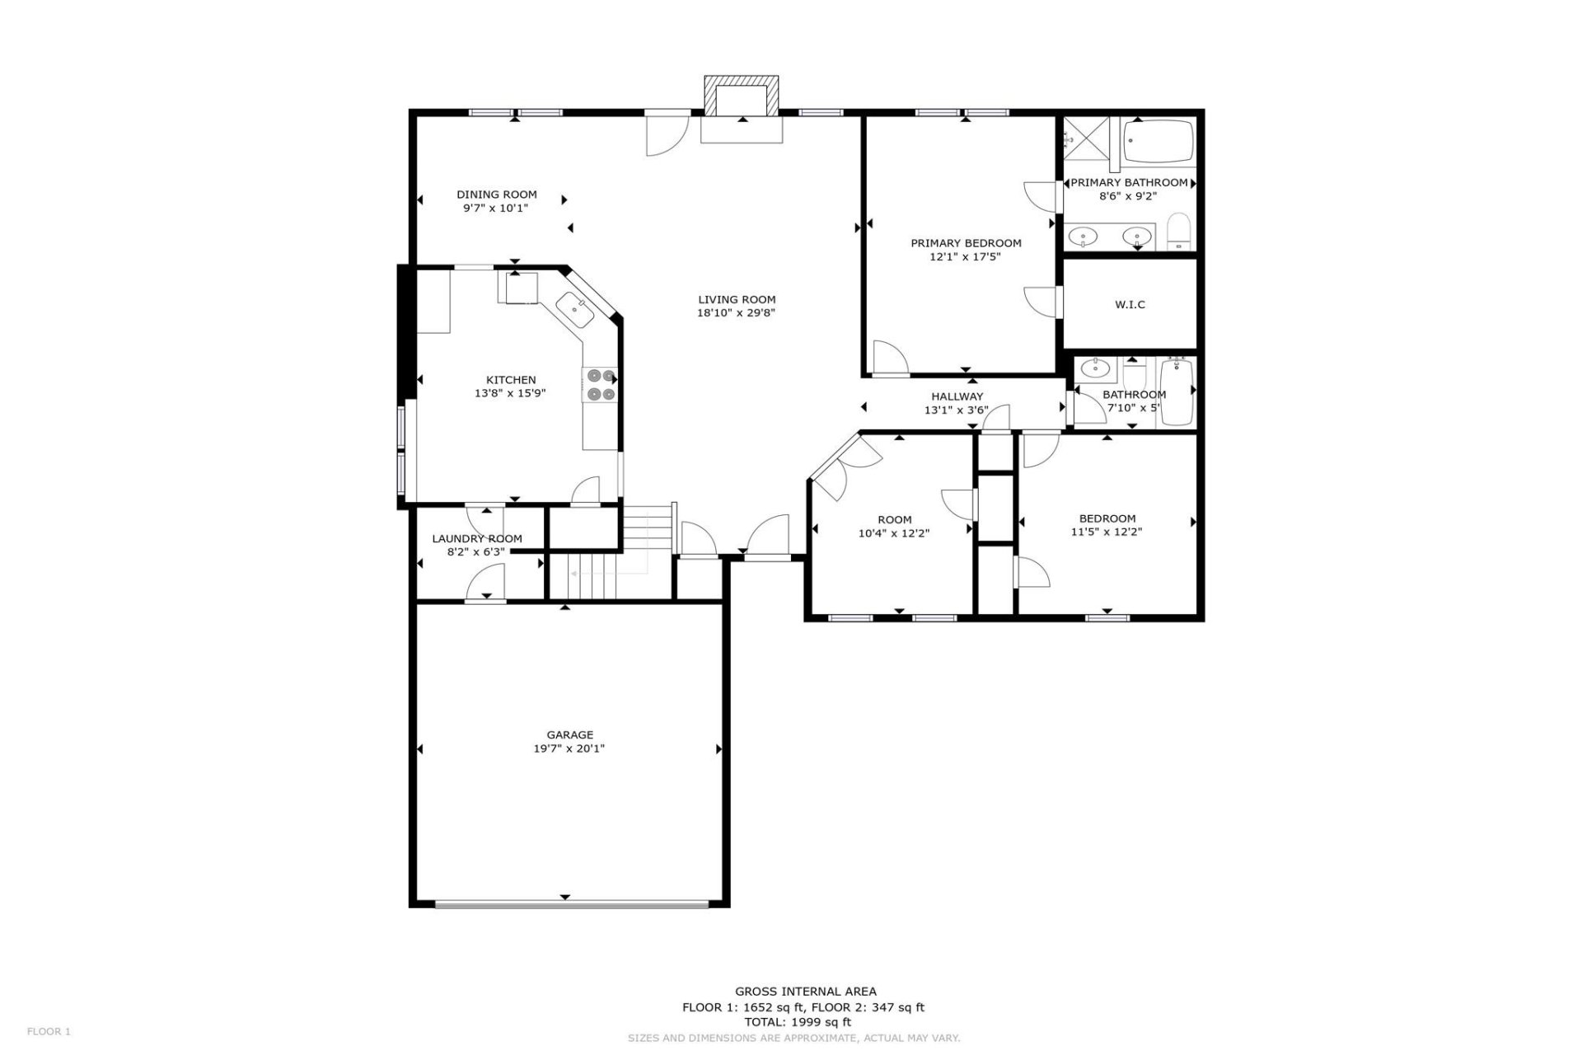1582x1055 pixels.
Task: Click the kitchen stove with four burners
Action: click(x=599, y=385)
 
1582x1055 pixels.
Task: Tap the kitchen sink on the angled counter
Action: click(x=575, y=310)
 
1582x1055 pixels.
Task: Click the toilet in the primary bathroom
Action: click(x=1180, y=232)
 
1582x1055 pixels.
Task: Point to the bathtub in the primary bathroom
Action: click(x=1158, y=142)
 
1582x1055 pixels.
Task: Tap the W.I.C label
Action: click(x=1130, y=304)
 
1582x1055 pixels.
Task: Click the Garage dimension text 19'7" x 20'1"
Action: click(x=569, y=748)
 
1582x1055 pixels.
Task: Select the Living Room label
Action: click(x=737, y=299)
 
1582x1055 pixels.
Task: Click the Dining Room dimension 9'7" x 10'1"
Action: click(x=496, y=208)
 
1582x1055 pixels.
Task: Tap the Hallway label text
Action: click(x=957, y=396)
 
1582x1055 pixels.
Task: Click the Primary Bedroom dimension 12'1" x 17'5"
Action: click(x=965, y=256)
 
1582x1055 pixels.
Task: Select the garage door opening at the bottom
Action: click(x=571, y=904)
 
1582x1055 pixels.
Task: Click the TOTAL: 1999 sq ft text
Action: click(x=798, y=1022)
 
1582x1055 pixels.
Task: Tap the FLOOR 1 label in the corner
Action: click(x=49, y=1031)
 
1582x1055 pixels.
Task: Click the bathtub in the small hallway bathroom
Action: click(x=1177, y=393)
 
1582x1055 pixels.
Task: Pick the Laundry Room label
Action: click(x=477, y=538)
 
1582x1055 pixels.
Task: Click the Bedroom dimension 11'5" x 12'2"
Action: click(x=1107, y=532)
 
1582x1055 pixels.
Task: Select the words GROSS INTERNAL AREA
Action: click(x=805, y=992)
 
